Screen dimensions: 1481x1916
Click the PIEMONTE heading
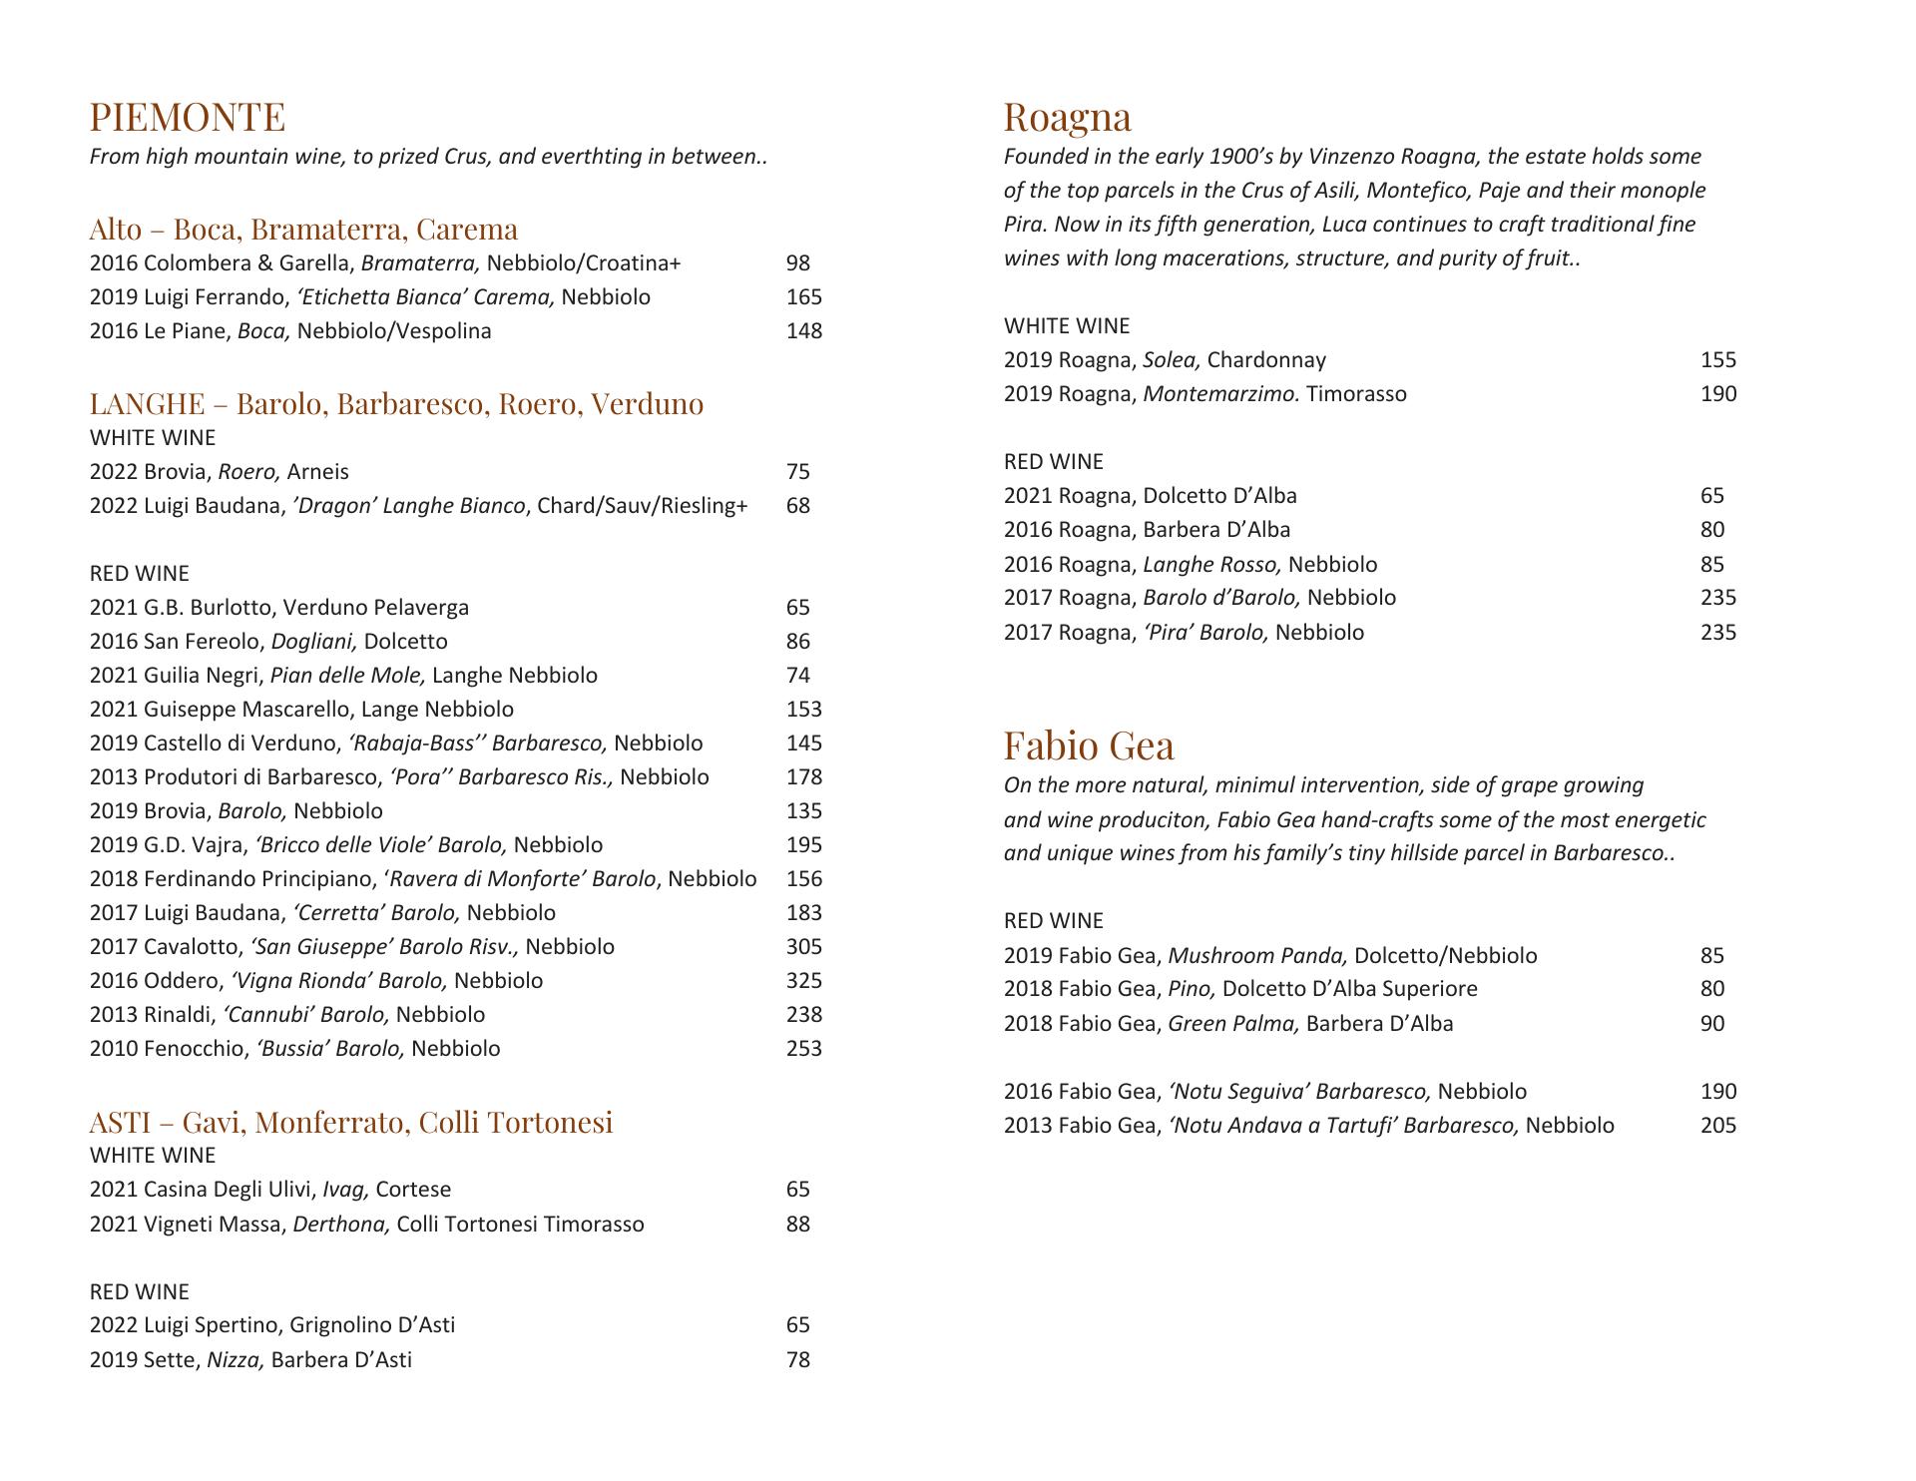point(187,117)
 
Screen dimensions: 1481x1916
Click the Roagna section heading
point(1067,117)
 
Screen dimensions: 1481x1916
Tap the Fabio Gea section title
point(1089,745)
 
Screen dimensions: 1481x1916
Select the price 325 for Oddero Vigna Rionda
point(803,980)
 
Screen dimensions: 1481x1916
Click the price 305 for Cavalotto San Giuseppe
point(803,946)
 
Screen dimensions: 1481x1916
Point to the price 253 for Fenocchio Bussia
point(803,1048)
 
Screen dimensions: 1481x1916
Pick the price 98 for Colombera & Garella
point(797,262)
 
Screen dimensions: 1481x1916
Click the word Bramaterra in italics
point(420,262)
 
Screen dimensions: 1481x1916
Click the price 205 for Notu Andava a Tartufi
point(1718,1125)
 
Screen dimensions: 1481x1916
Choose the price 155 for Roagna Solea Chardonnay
point(1718,359)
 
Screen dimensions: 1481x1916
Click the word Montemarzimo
point(1220,393)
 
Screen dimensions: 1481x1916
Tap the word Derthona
point(340,1224)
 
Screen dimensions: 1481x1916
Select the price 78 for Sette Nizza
point(797,1359)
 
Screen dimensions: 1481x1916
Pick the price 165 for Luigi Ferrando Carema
point(803,296)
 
